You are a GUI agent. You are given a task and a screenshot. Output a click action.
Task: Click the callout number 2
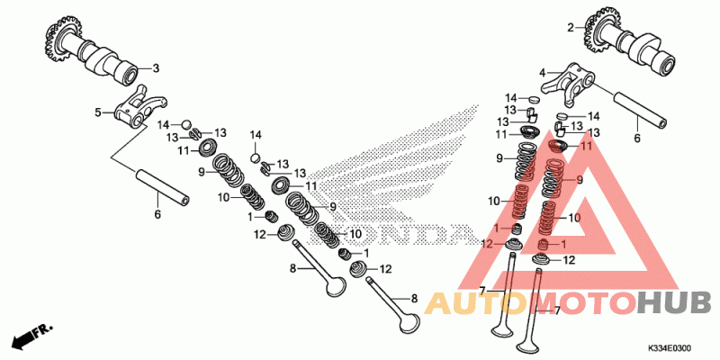[x=571, y=28]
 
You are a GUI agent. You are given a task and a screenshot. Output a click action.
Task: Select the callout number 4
[x=543, y=72]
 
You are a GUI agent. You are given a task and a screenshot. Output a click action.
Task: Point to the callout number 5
[x=98, y=112]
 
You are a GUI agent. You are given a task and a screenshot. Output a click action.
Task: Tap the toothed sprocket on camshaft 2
[x=599, y=30]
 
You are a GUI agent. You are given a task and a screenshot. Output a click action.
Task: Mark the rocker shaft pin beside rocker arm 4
[x=642, y=109]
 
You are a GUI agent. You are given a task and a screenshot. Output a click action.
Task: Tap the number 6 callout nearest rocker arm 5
[x=157, y=214]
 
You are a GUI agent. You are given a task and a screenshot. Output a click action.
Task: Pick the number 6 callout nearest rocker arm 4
[x=636, y=138]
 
